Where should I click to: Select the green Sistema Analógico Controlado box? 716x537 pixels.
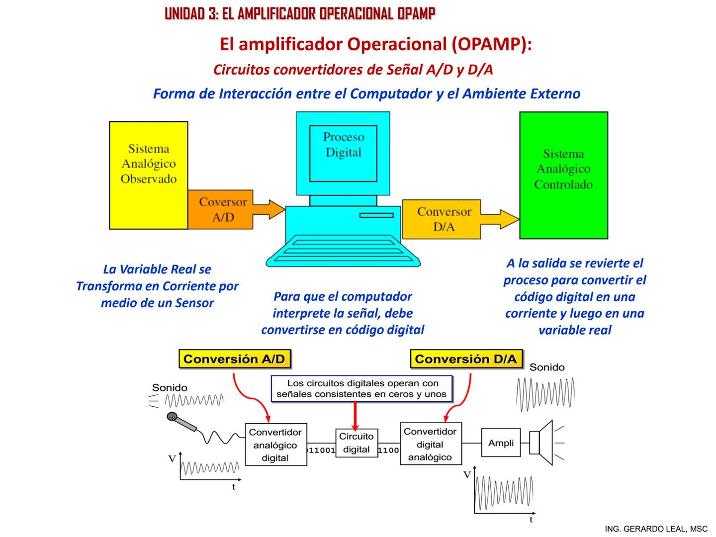click(563, 175)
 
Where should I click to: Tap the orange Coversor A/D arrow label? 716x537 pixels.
click(223, 209)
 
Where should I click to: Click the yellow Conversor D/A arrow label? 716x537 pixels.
click(444, 219)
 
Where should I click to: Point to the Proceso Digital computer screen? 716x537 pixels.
click(343, 153)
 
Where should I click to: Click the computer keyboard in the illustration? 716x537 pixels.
click(343, 251)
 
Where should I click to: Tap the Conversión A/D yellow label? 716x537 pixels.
click(234, 359)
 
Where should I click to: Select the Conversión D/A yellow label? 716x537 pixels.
click(466, 359)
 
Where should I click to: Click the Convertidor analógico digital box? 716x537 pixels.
click(275, 445)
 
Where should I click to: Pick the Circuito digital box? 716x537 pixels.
click(356, 443)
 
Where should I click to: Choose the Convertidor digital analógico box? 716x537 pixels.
click(430, 444)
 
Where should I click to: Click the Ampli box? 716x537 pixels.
click(501, 443)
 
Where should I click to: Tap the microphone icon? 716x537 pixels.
click(182, 423)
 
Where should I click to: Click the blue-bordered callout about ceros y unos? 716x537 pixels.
click(361, 389)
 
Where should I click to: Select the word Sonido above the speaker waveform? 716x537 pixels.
click(547, 367)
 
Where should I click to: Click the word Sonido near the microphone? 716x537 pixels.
click(170, 387)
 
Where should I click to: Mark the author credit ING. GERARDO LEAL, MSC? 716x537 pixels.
click(656, 529)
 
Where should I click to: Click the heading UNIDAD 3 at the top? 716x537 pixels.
click(300, 14)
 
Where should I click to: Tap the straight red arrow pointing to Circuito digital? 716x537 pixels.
click(355, 415)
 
